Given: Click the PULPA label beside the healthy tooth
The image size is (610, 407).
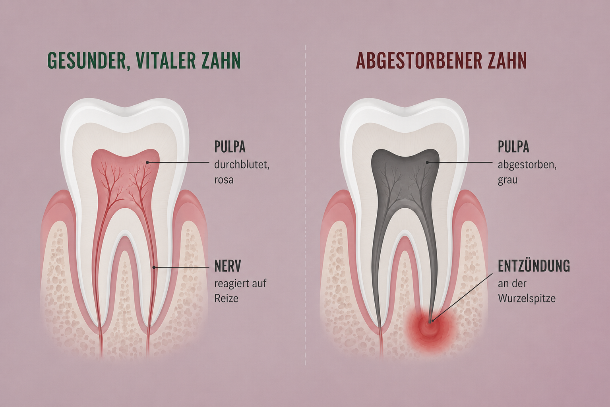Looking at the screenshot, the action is tap(230, 147).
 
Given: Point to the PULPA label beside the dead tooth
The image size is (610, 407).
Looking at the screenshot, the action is tap(513, 147).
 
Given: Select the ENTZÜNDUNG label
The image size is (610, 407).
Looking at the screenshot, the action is tap(534, 266).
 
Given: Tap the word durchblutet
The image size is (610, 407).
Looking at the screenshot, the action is tap(242, 165).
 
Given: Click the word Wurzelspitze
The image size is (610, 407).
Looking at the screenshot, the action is tap(527, 299).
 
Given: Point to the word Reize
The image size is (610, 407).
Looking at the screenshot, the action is tap(226, 298).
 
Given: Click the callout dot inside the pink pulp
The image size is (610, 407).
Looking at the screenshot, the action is tap(147, 163).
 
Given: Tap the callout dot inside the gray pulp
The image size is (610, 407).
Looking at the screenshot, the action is tap(427, 163).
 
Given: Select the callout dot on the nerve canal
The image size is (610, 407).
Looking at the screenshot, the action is tap(154, 267).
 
